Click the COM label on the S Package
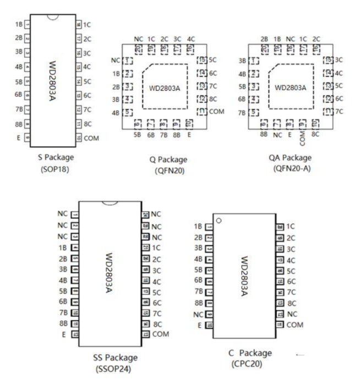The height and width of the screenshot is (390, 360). pyautogui.click(x=92, y=138)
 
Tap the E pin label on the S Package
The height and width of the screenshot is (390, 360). pyautogui.click(x=19, y=138)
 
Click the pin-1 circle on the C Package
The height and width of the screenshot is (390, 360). pyautogui.click(x=220, y=221)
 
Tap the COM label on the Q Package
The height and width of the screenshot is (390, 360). pyautogui.click(x=217, y=112)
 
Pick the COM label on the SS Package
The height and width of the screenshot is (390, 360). pyautogui.click(x=161, y=334)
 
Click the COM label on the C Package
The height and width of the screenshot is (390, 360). pyautogui.click(x=296, y=325)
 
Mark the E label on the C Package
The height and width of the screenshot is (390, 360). pyautogui.click(x=199, y=325)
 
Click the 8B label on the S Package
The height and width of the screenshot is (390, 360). pyautogui.click(x=19, y=125)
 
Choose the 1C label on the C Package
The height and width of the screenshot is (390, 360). pyautogui.click(x=291, y=226)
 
